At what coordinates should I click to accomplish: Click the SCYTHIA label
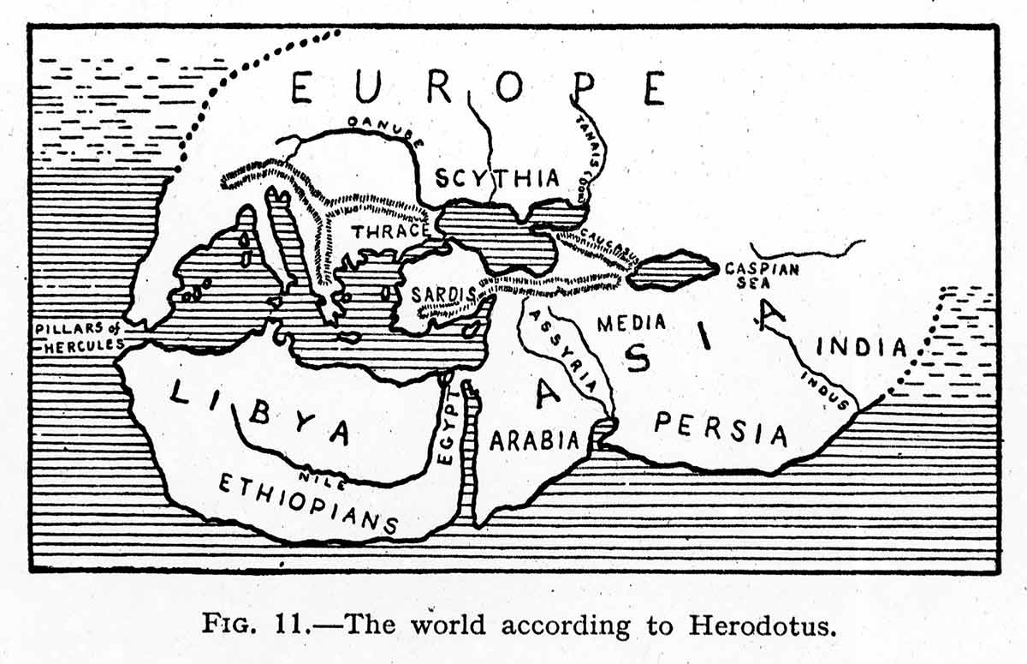(496, 179)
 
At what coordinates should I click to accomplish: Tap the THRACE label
(389, 230)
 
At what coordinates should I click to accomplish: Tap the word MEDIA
(631, 324)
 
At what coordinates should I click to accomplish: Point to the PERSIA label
(721, 428)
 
